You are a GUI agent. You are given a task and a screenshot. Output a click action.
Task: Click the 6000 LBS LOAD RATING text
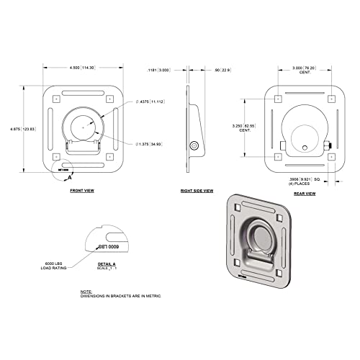click(x=66, y=265)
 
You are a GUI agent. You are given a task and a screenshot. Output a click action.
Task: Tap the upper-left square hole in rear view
click(x=279, y=98)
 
